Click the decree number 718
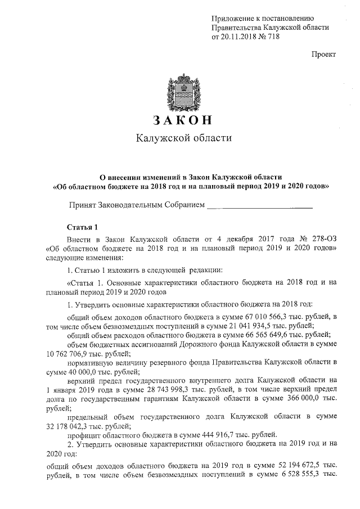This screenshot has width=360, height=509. (272, 37)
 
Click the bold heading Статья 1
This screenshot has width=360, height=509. (82, 227)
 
